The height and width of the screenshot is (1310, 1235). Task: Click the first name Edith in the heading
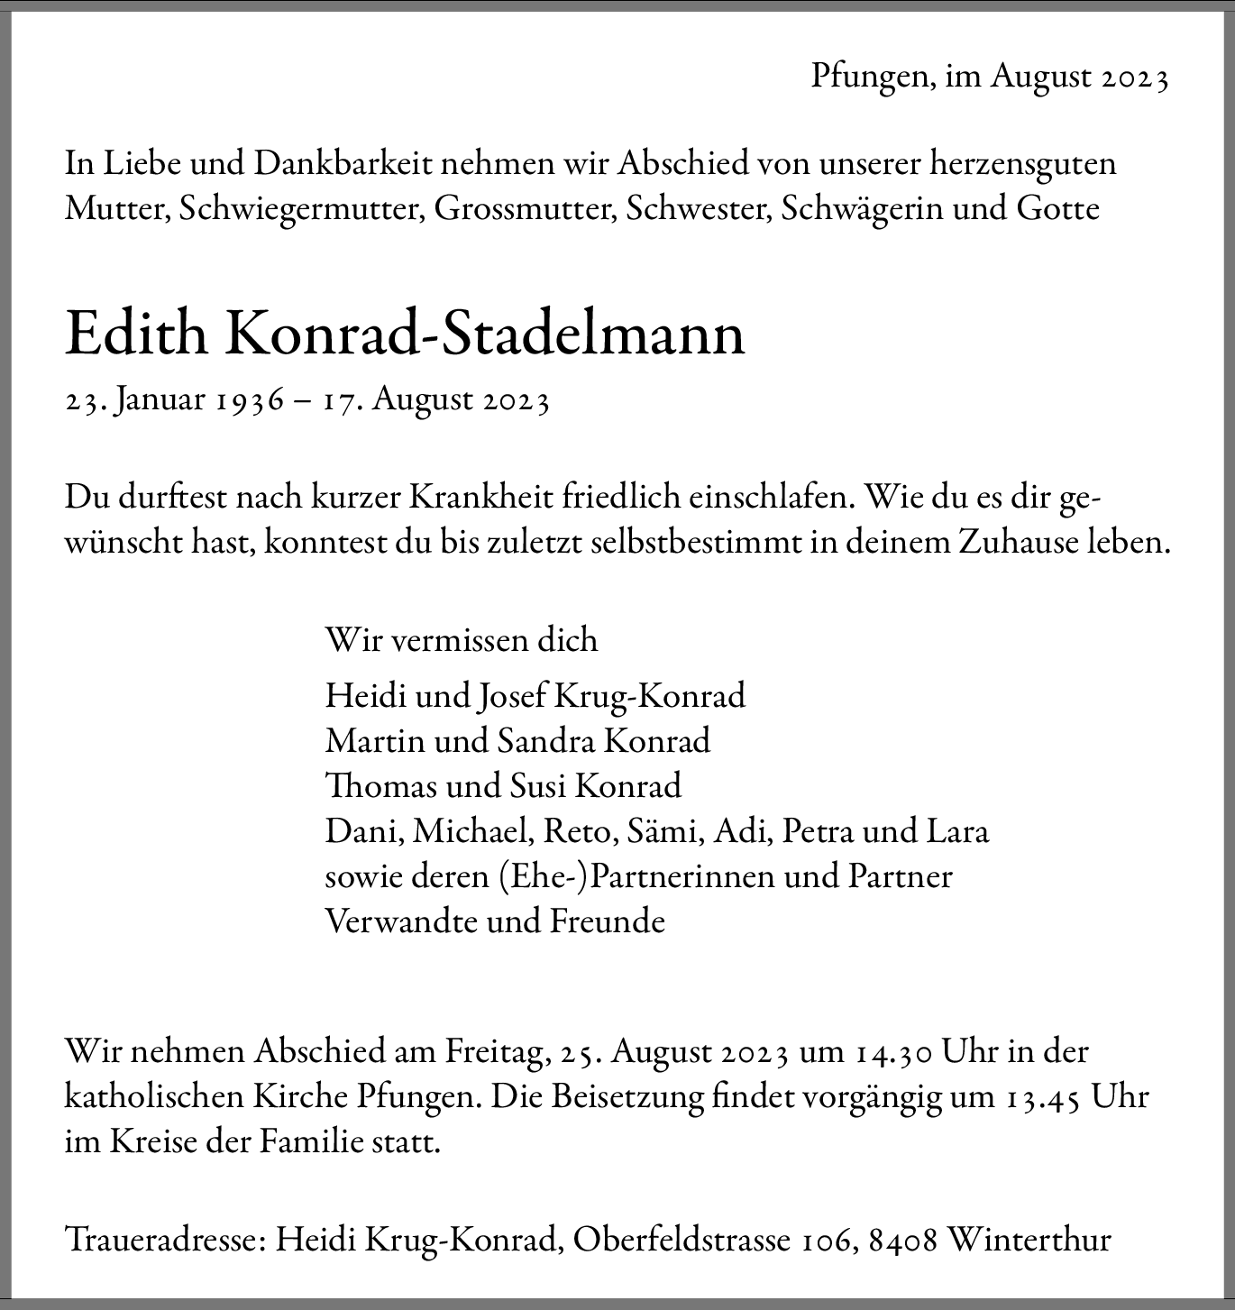136,334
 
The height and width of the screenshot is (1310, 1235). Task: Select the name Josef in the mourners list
512,696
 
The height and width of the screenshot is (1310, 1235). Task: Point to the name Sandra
545,741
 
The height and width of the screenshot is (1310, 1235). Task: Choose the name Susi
537,786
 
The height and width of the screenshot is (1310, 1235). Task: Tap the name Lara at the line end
958,831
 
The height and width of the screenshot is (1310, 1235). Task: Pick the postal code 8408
902,1241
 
